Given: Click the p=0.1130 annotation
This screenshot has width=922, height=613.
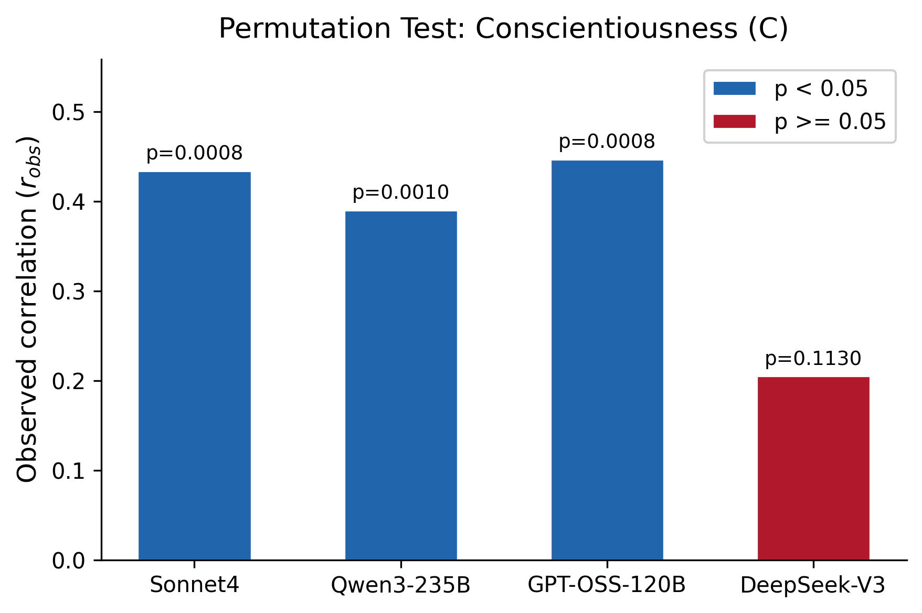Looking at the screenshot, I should coord(813,359).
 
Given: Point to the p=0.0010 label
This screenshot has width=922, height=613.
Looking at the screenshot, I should coord(400,193).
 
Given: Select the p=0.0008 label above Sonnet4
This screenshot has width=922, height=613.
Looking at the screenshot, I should coord(194,154).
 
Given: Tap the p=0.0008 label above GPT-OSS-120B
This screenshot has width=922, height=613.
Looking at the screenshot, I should coord(607,142).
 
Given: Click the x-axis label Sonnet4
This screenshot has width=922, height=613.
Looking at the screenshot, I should coord(194,585).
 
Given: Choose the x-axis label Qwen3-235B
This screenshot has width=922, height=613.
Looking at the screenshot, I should coord(400,585).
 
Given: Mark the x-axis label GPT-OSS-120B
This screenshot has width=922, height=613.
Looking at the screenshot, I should coord(607,585).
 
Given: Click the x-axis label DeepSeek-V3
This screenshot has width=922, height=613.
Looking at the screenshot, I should coord(813,585).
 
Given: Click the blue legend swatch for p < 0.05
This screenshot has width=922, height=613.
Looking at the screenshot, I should coord(734,89).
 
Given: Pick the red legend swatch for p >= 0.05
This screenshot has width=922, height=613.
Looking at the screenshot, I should coord(734,122).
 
